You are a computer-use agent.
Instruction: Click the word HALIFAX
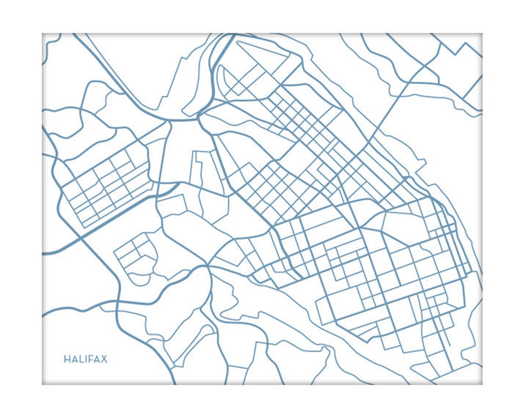(85, 359)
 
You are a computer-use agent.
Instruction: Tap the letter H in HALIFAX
(67, 359)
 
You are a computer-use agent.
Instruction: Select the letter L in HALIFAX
(81, 359)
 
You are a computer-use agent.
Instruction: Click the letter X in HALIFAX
(104, 359)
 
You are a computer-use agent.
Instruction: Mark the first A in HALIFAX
(74, 359)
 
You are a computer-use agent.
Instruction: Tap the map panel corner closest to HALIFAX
(42, 384)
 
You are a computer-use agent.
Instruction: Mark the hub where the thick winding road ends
(207, 266)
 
